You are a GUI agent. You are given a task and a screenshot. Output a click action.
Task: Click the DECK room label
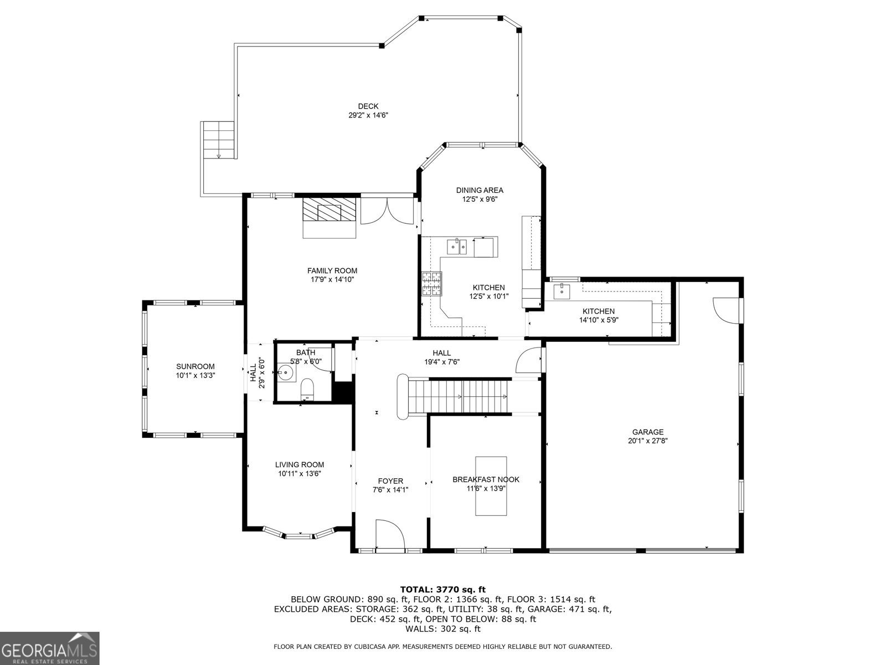click(368, 106)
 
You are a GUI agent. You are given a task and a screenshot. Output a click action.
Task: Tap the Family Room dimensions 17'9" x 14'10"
click(332, 280)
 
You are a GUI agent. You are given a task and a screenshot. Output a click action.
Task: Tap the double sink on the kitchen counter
click(457, 245)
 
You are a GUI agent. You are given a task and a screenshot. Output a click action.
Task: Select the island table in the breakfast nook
click(491, 486)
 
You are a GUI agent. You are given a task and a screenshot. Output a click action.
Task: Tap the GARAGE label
click(647, 432)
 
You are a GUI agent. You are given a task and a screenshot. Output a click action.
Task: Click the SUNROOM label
click(195, 366)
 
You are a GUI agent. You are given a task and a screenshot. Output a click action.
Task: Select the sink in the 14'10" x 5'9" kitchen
click(562, 290)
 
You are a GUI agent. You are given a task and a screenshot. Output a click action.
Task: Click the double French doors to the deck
click(388, 211)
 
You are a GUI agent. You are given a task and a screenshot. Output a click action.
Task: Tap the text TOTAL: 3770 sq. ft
click(442, 589)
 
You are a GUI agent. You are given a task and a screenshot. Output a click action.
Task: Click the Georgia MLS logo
click(49, 648)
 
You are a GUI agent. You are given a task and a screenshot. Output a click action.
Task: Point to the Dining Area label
click(480, 190)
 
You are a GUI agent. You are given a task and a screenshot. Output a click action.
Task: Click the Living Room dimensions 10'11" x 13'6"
click(300, 474)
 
